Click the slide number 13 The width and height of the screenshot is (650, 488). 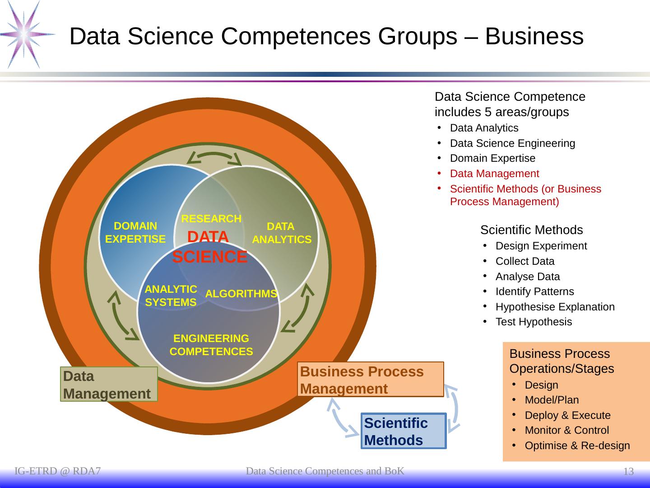[x=628, y=472]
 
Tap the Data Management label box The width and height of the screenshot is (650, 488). [x=109, y=385]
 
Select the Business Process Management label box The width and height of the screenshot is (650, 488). [x=371, y=380]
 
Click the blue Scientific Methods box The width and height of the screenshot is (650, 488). [x=404, y=431]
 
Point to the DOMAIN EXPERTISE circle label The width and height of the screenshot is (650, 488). [x=135, y=232]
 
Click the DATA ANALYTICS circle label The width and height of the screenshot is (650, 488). [x=281, y=233]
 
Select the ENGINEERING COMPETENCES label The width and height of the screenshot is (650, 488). [x=211, y=345]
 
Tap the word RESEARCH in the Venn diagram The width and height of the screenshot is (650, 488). [x=211, y=219]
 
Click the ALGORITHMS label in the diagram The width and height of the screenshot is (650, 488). [x=241, y=294]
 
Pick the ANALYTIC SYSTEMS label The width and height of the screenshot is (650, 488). [x=171, y=296]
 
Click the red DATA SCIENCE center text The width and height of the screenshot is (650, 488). [x=209, y=247]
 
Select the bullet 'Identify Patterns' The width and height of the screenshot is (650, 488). [x=534, y=291]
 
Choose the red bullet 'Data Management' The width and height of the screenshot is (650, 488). [x=494, y=174]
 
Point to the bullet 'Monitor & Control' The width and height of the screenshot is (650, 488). [x=566, y=430]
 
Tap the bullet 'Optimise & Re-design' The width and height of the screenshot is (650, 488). [x=577, y=446]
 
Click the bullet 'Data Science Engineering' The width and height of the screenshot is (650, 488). [x=512, y=143]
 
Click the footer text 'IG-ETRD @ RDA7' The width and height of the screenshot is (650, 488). [x=58, y=472]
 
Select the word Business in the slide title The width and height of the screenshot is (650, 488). [x=534, y=36]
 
